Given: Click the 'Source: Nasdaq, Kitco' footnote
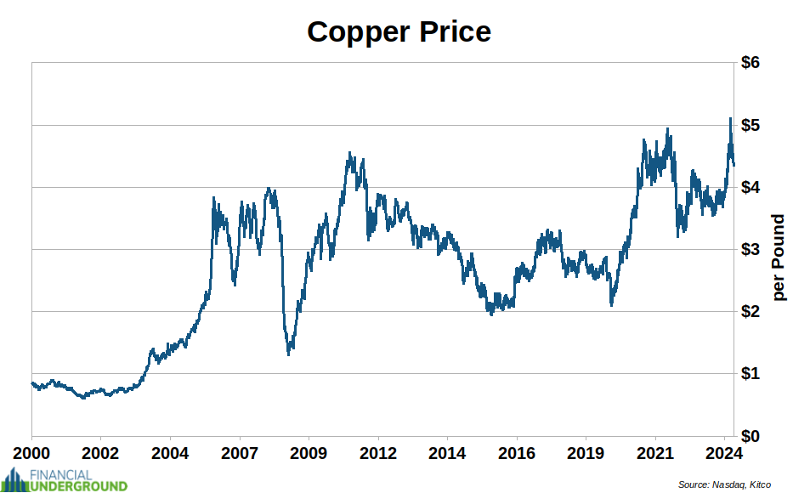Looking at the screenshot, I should click(724, 484).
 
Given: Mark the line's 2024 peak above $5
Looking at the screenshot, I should click(730, 119).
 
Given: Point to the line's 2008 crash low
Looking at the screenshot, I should click(289, 353).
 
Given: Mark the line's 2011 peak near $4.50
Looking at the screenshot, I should click(349, 154).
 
